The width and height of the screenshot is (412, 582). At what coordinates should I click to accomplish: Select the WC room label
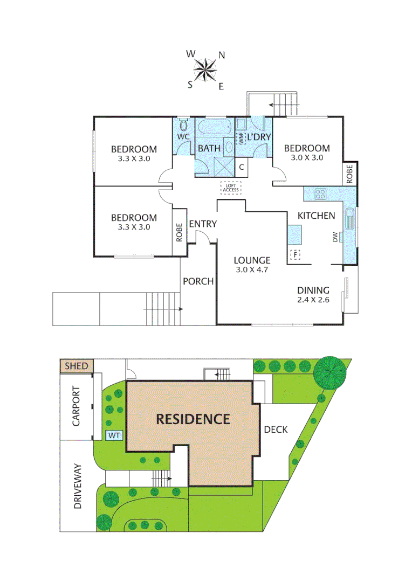pos(183,137)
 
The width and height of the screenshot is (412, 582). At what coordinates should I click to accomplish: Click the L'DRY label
pos(259,137)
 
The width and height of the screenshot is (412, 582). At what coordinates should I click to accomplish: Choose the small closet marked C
pos(242,167)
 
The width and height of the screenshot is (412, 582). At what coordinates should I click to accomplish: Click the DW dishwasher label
pos(335,237)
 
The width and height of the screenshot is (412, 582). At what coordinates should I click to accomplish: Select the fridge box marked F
pos(295,254)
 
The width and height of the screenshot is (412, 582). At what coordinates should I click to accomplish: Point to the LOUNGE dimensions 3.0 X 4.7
pos(252,269)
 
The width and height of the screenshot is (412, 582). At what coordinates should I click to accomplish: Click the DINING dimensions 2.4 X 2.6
pos(313,300)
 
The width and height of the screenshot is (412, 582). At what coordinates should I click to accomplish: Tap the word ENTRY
pos(203,224)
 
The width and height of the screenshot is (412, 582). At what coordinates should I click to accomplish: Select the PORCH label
pos(198,281)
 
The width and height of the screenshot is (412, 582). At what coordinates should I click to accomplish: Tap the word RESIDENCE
pos(193,419)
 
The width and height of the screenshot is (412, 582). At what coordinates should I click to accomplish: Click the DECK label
pos(276,429)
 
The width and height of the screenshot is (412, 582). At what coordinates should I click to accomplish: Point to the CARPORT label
pos(77,406)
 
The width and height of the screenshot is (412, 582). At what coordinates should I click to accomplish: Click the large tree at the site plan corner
pos(329,372)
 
